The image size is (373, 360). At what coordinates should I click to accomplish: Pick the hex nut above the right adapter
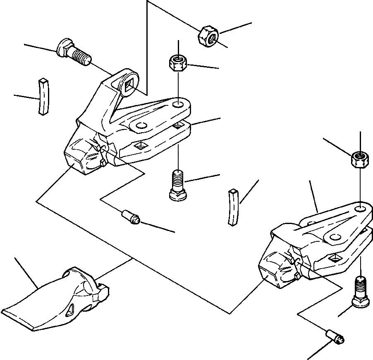[x=360, y=160]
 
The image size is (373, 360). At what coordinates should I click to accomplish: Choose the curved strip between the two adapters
[x=234, y=207]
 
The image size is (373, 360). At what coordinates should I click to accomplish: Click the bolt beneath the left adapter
[x=178, y=187]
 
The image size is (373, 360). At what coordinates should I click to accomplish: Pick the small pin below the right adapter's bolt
[x=335, y=336]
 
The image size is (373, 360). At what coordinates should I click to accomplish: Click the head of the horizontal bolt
[x=62, y=48]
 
